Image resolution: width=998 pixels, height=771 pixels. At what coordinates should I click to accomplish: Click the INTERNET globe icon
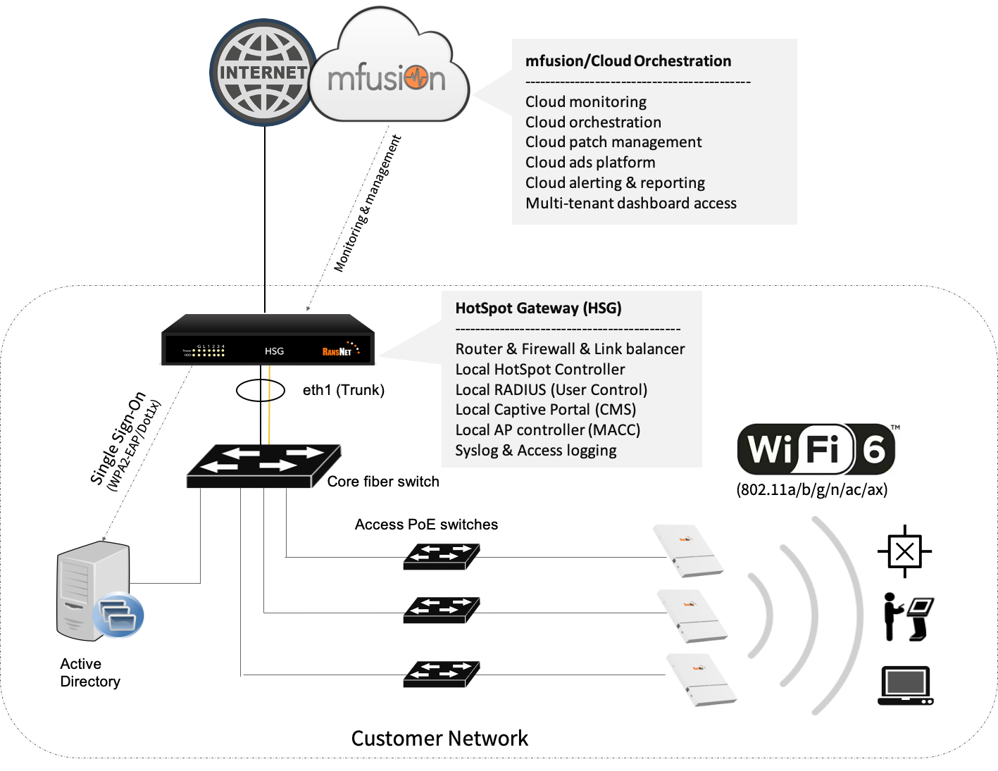tap(263, 73)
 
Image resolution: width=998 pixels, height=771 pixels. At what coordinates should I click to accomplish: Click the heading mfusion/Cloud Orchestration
tap(628, 61)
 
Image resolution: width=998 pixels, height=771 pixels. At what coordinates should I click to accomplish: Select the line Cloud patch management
tap(613, 142)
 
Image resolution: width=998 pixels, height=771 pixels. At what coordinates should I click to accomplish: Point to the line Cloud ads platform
tap(590, 163)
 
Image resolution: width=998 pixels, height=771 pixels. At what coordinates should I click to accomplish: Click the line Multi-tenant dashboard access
tap(631, 203)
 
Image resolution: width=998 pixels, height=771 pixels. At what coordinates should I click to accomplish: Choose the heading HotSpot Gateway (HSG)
tap(538, 308)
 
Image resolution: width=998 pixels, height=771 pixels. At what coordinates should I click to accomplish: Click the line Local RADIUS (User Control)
tap(551, 390)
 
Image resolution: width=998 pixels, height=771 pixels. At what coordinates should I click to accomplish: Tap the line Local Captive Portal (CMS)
tap(546, 410)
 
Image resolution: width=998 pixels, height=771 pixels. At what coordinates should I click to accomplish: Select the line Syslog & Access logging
tap(536, 451)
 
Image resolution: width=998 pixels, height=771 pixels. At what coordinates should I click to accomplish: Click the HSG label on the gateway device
tap(274, 351)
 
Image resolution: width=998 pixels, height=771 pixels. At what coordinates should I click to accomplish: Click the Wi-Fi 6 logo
tap(818, 449)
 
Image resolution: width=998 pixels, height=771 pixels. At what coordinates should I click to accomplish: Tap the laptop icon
tap(906, 685)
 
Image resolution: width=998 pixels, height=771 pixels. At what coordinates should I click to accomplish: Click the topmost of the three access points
tap(689, 551)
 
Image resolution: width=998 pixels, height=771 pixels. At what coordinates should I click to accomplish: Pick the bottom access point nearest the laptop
tap(702, 679)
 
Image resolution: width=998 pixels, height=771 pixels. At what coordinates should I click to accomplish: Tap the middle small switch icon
tap(442, 610)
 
